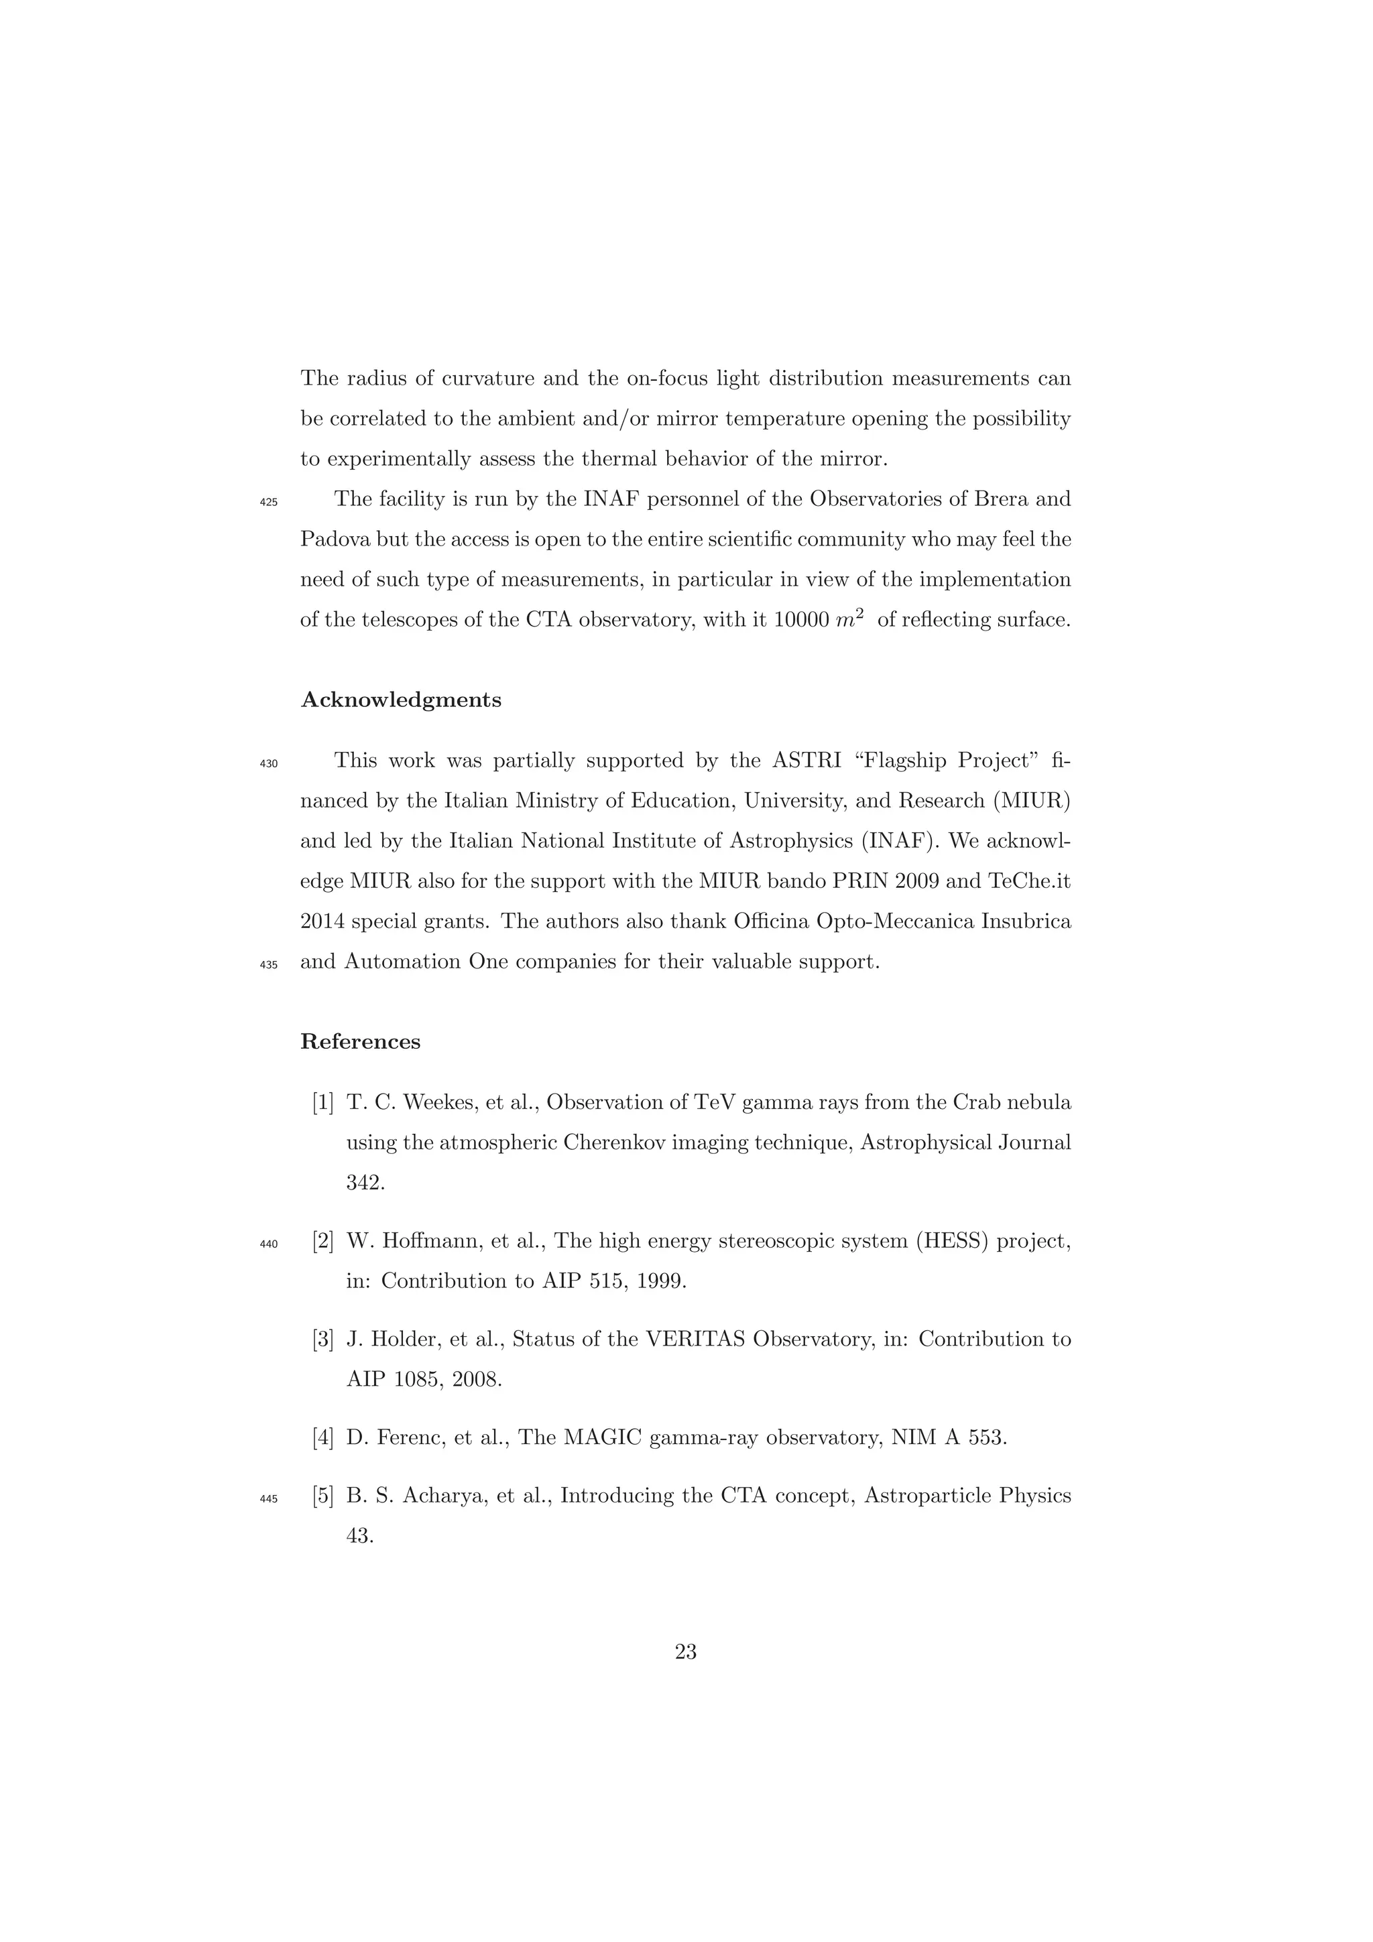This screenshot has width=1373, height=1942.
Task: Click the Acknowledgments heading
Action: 401,700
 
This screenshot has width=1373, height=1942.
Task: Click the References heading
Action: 361,1042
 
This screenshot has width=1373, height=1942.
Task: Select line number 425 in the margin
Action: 268,503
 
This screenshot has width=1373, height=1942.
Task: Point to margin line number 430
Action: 268,764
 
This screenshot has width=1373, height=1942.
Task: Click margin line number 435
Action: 268,965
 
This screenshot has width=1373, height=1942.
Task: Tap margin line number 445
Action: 268,1500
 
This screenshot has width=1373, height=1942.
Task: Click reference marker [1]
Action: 323,1103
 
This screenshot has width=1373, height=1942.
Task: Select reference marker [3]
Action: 323,1340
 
